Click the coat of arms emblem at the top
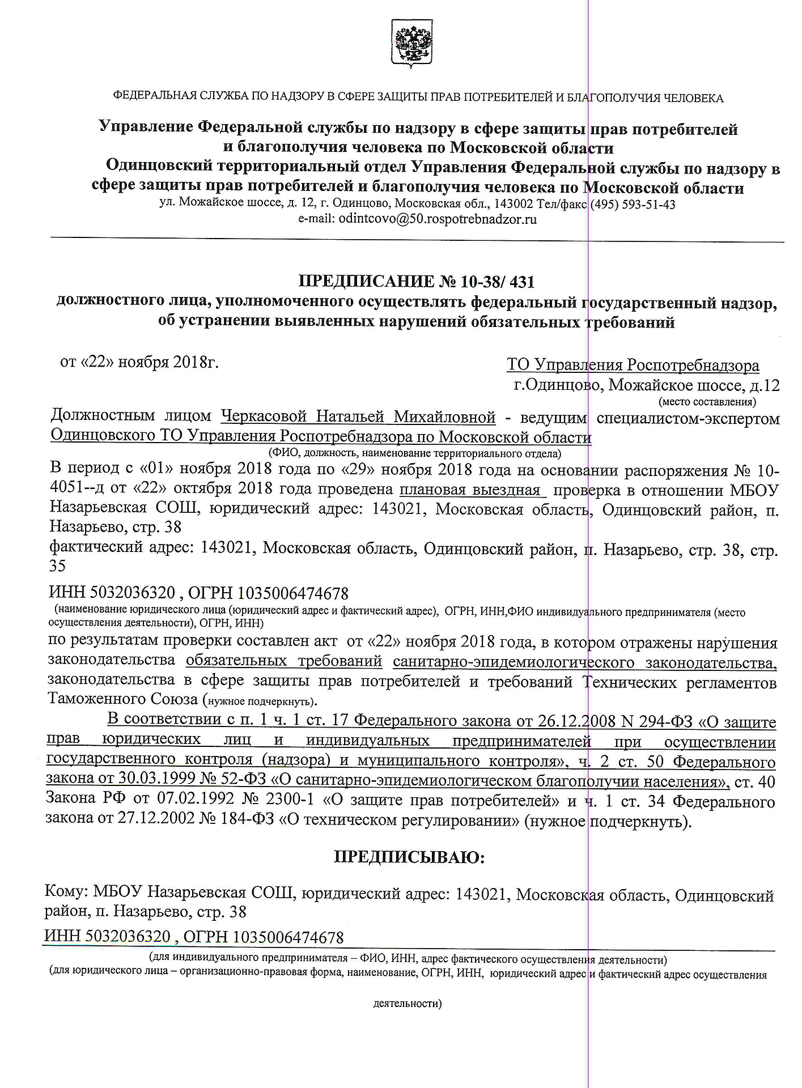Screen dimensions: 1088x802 click(412, 44)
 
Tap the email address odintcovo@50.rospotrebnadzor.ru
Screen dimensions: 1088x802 click(437, 219)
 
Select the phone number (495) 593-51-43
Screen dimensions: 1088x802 click(633, 205)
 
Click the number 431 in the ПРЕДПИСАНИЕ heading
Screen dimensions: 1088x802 click(522, 282)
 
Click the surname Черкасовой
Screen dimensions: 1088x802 click(264, 417)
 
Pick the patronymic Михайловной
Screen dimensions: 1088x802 click(445, 418)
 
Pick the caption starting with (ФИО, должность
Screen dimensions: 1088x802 click(415, 453)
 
